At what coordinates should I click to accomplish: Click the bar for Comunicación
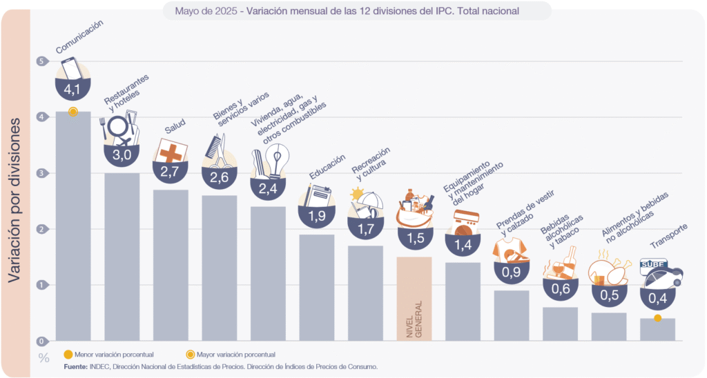(x=72, y=228)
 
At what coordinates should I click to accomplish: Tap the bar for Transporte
(x=657, y=330)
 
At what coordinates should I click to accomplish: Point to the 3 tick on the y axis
(x=43, y=173)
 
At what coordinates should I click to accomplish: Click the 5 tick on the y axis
(x=43, y=61)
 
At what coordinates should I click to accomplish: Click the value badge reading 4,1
(x=72, y=90)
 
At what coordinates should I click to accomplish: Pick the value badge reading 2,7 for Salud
(x=170, y=171)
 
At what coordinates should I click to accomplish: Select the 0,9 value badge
(x=512, y=272)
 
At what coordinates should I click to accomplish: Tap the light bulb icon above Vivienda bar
(x=277, y=161)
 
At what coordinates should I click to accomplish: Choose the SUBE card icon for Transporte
(x=653, y=264)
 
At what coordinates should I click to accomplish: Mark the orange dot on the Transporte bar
(x=657, y=318)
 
